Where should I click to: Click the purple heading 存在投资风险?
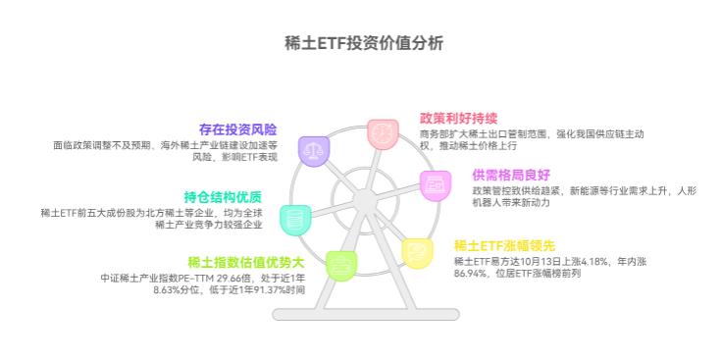click(x=237, y=129)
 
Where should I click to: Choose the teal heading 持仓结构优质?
click(x=223, y=196)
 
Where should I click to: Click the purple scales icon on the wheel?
click(x=313, y=152)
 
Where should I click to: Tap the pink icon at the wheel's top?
click(x=382, y=133)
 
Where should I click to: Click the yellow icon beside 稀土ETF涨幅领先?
click(x=417, y=252)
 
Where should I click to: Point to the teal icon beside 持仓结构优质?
click(x=294, y=218)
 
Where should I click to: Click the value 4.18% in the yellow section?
click(x=594, y=261)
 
